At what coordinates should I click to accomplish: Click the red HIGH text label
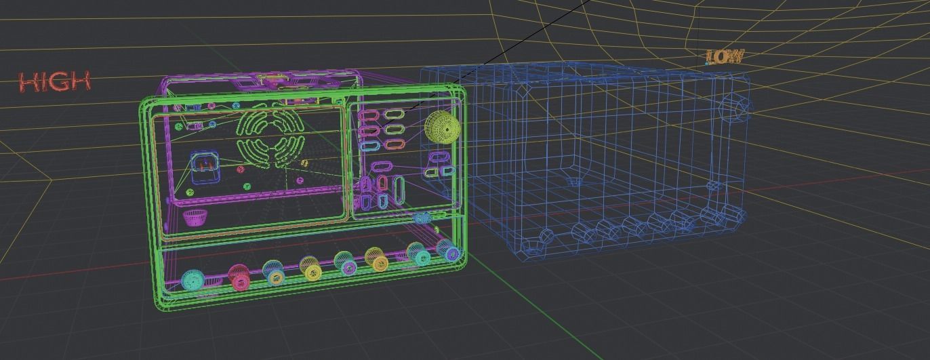tap(55, 82)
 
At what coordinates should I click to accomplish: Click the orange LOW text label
tap(724, 57)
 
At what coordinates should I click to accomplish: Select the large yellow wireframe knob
tap(441, 127)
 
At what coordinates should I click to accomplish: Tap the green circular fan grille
tap(270, 139)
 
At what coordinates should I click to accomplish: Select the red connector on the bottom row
tap(239, 275)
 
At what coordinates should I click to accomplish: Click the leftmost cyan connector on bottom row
tap(193, 279)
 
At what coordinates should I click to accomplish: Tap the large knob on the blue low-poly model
tap(735, 108)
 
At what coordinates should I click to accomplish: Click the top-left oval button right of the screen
tap(370, 113)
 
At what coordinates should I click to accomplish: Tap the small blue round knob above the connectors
tap(422, 218)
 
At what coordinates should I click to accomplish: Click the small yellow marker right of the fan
tap(304, 163)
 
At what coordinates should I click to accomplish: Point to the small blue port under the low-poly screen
tap(573, 181)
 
